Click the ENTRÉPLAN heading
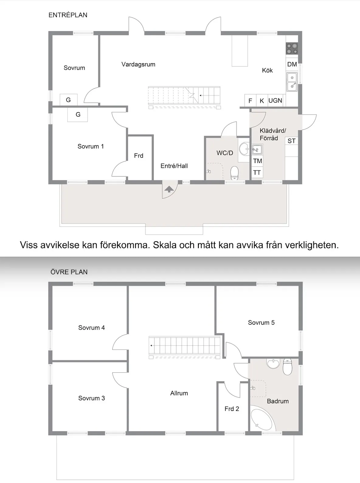68,15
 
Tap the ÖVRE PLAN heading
69,272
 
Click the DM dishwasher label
292,64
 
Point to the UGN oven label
275,101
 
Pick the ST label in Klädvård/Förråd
291,141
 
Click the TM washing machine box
258,161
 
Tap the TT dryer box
257,173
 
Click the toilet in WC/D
234,173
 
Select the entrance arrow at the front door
169,189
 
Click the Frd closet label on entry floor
139,156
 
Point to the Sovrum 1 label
91,146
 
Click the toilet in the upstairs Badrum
287,367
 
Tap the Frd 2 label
232,409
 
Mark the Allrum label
179,393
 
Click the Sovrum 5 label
261,322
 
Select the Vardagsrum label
138,64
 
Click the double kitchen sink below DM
292,82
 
